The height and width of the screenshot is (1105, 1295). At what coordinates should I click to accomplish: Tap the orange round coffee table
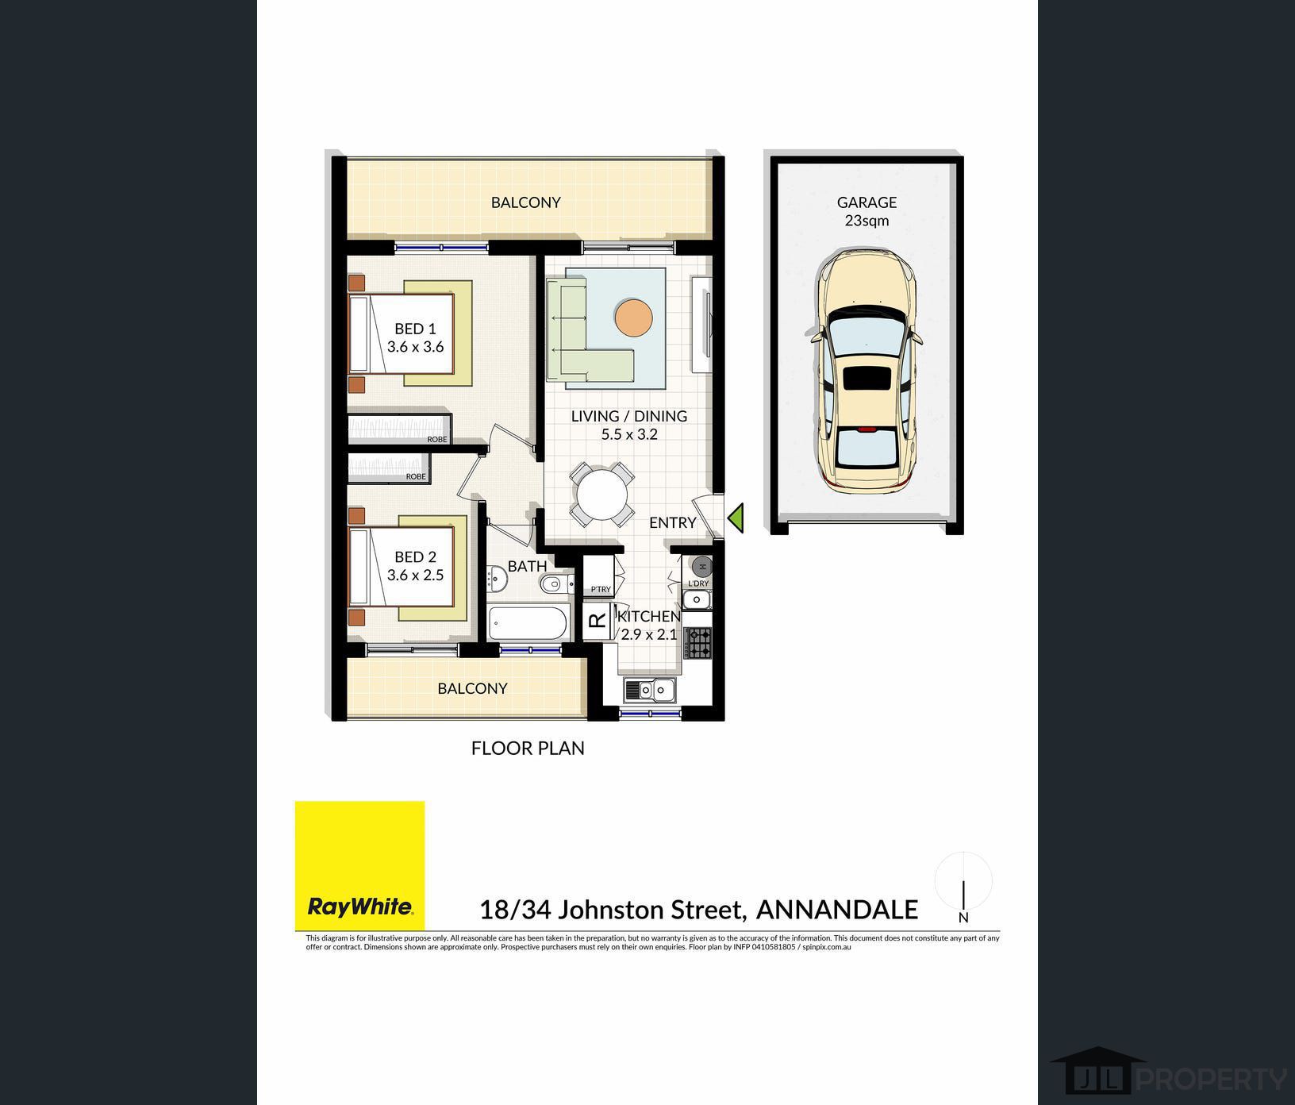point(633,318)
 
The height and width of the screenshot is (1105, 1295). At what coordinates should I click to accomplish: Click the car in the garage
point(867,369)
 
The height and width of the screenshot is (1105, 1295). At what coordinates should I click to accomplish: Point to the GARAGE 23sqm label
point(867,211)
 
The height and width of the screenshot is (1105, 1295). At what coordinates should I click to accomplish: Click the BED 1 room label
point(415,337)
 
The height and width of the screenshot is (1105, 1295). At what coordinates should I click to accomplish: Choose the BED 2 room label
point(415,566)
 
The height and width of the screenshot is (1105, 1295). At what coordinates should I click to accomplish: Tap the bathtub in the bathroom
point(528,622)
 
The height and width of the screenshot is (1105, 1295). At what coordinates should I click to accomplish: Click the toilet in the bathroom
point(556,584)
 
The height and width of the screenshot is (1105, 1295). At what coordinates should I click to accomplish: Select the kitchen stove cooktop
point(698,643)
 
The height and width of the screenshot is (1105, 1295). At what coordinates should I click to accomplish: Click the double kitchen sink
point(649,691)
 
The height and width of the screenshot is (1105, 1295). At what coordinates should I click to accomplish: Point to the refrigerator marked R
point(597,622)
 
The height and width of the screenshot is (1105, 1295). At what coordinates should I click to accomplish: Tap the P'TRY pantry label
point(601,589)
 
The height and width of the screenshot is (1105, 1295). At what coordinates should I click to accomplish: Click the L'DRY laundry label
point(698,583)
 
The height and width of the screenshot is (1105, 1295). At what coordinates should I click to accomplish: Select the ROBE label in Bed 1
point(437,439)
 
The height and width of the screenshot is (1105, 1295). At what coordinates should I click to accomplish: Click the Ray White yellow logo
point(359,865)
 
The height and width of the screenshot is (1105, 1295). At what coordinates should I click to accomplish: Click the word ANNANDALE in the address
point(837,909)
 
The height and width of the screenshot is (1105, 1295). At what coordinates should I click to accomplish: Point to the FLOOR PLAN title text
point(528,748)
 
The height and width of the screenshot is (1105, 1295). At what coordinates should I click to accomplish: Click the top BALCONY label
point(526,202)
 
